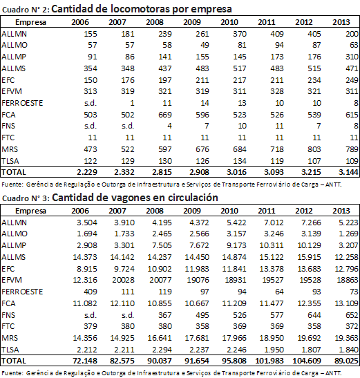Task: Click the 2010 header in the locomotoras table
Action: coord(229,22)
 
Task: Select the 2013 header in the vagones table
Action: coord(341,211)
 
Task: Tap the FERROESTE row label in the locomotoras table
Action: coord(22,103)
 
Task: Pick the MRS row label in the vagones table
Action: coord(10,338)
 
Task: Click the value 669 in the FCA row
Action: coord(165,115)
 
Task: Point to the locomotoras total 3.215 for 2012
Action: coord(311,172)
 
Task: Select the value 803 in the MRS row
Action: coord(314,149)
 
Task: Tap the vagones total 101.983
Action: coord(269,361)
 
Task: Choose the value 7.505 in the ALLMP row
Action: coord(162,245)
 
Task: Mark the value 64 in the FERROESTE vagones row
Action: coord(279,292)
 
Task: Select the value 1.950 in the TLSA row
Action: coord(274,350)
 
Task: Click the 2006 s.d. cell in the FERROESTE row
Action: coord(91,103)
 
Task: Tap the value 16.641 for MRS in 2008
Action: coord(160,338)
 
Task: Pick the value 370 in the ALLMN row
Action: coord(240,34)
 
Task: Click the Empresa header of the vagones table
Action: coord(30,211)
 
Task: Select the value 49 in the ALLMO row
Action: coord(205,45)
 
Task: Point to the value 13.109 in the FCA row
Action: coord(346,303)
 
